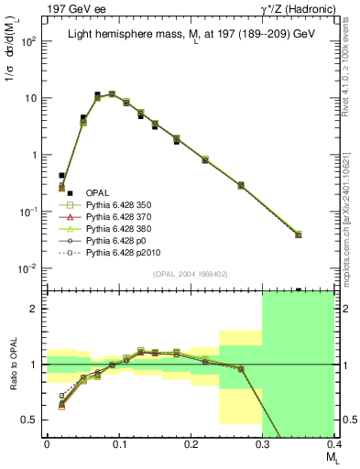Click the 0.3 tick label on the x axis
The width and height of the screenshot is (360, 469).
[263, 444]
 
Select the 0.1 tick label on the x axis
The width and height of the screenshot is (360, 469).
[118, 444]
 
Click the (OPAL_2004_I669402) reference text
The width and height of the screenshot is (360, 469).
[190, 274]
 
